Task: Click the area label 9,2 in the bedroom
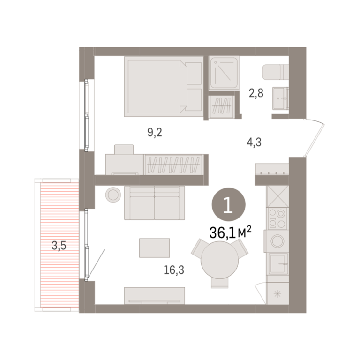coord(155,133)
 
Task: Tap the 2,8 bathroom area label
coord(256,93)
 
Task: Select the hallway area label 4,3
coord(254,142)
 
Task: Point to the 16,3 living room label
coord(174,270)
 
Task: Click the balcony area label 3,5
coord(59,246)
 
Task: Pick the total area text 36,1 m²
coord(230,232)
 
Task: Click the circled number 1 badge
coord(228,204)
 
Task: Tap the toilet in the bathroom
coord(275,72)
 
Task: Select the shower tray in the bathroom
coord(224,73)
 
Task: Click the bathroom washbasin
coord(280,98)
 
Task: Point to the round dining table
coord(220,260)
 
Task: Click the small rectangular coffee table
coord(155,247)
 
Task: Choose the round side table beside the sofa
coord(113,195)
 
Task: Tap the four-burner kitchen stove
coord(277,218)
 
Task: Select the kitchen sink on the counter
coord(278,263)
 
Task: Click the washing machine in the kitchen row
coord(277,241)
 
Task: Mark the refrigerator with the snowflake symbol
coord(277,293)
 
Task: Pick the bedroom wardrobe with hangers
coord(173,165)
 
